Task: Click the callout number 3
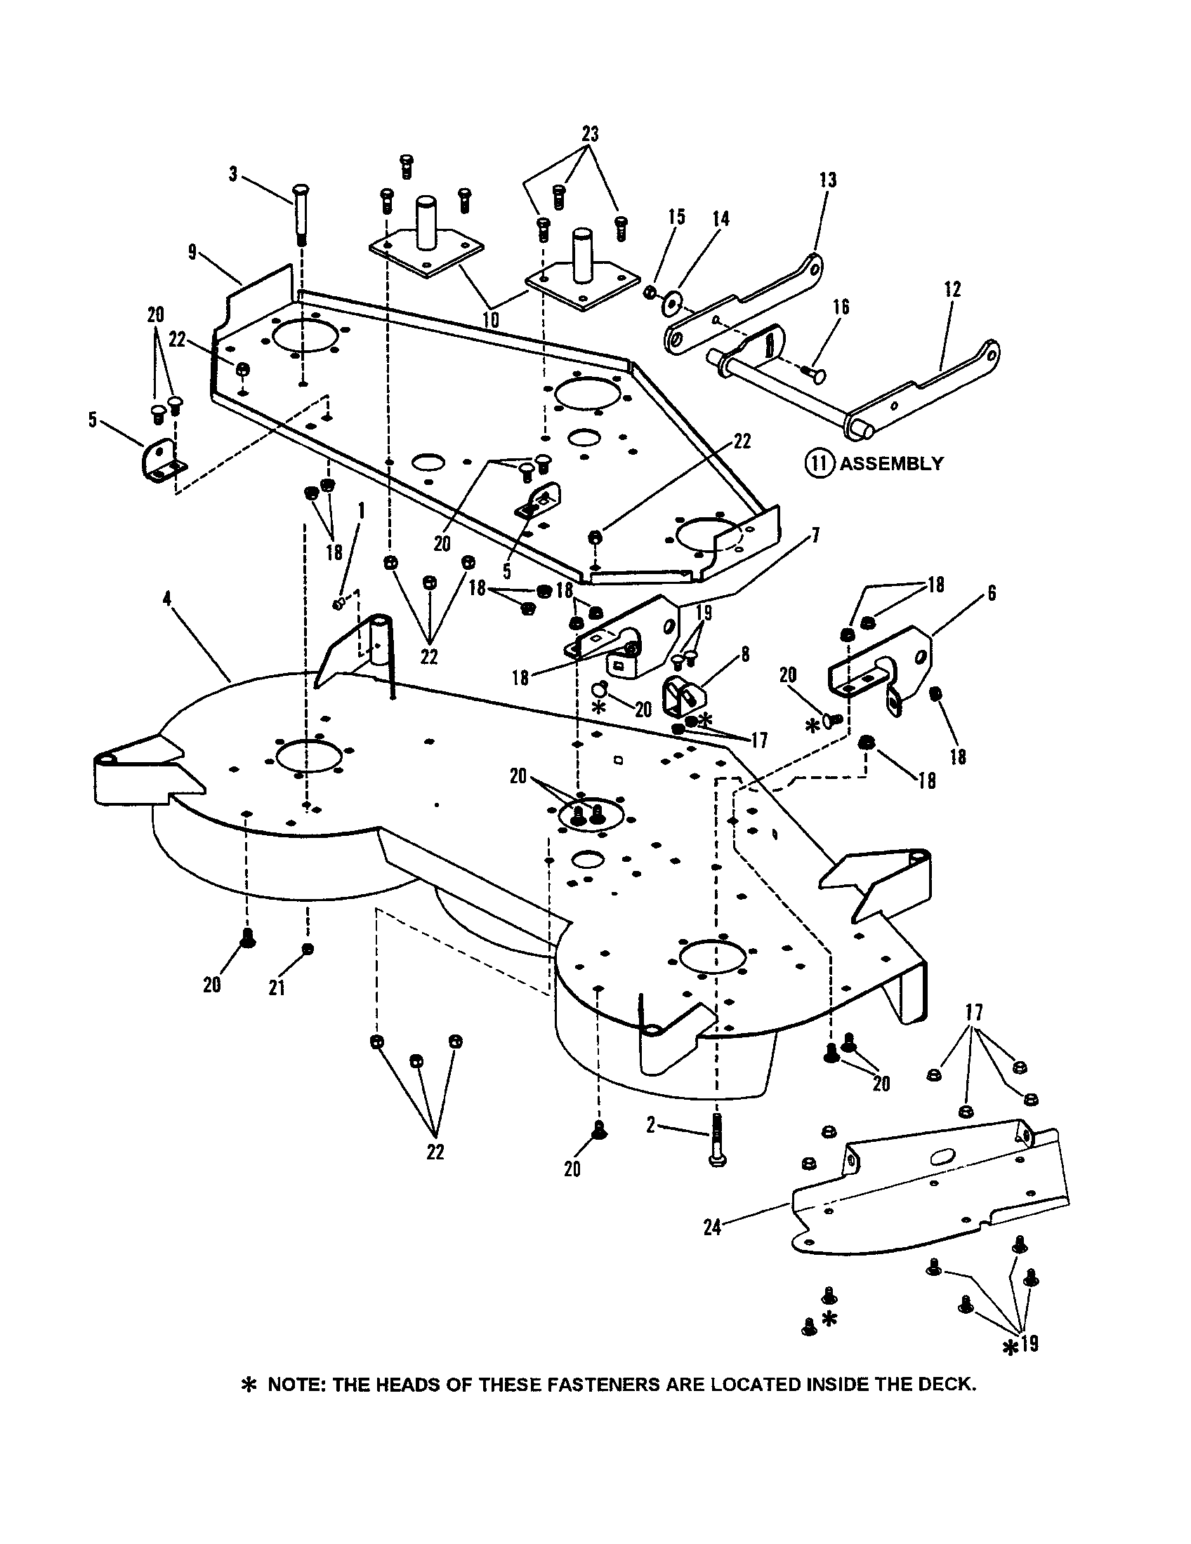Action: pyautogui.click(x=233, y=175)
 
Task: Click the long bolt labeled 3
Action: pyautogui.click(x=299, y=211)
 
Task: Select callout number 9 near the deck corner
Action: pyautogui.click(x=193, y=252)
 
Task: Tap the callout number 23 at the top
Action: pyautogui.click(x=590, y=133)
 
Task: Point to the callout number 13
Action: pyautogui.click(x=828, y=180)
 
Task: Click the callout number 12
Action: pyautogui.click(x=952, y=289)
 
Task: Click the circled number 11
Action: pyautogui.click(x=819, y=464)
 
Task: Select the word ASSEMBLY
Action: pyautogui.click(x=891, y=464)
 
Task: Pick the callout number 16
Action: pyautogui.click(x=841, y=307)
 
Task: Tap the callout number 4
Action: pyautogui.click(x=167, y=598)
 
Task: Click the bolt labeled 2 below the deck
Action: pyautogui.click(x=718, y=1139)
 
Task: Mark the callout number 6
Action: pyautogui.click(x=992, y=593)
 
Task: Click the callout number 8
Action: pyautogui.click(x=746, y=655)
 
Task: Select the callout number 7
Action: pyautogui.click(x=816, y=535)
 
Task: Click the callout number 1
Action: pyautogui.click(x=362, y=508)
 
